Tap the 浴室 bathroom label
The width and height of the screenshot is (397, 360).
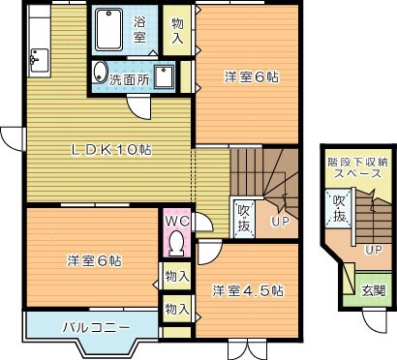point(138,29)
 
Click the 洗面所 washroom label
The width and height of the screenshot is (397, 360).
point(129,78)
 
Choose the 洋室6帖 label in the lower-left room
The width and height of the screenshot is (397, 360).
point(94,260)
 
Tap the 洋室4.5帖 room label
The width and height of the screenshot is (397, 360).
point(248,289)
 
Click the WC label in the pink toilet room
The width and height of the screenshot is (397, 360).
point(176,220)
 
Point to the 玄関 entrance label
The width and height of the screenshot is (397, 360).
point(373,290)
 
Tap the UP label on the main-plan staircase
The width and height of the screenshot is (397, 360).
point(279,221)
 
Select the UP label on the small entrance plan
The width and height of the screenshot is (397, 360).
point(372,250)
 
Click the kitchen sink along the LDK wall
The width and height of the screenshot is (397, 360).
point(36,61)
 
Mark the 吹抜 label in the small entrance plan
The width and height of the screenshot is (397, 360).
point(339,208)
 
